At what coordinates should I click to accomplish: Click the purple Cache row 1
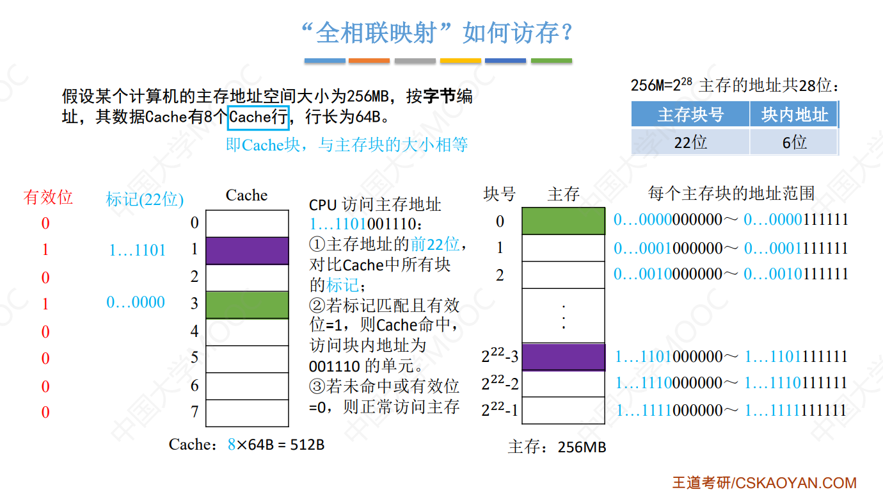(247, 250)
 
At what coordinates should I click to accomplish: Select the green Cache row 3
(247, 304)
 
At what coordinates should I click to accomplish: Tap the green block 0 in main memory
(563, 221)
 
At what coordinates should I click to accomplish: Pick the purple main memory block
(563, 357)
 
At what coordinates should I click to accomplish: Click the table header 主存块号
(690, 115)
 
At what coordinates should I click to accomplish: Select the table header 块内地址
(794, 115)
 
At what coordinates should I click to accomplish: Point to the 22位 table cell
(690, 142)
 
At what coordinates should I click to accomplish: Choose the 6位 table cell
(794, 142)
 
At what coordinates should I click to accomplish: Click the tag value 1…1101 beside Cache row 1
(137, 250)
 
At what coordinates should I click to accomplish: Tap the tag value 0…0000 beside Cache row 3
(136, 302)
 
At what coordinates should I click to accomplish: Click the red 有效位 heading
(48, 197)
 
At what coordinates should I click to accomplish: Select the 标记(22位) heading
(145, 200)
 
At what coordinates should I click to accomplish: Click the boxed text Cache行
(259, 117)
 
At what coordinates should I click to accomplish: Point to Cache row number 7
(195, 411)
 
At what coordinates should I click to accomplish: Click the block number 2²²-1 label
(500, 410)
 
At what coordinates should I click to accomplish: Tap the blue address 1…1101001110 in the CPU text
(365, 225)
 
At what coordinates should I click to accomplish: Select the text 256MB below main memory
(581, 447)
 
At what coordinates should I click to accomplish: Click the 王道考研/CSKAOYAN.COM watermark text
(764, 482)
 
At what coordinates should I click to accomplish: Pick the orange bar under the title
(369, 61)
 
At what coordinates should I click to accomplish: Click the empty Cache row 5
(247, 359)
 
